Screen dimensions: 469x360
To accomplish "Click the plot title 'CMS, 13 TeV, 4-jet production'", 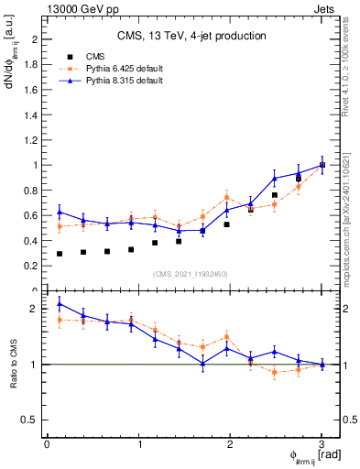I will (x=191, y=37).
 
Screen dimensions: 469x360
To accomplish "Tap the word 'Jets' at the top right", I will (x=325, y=8).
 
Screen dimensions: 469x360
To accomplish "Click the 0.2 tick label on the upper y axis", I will (x=34, y=266).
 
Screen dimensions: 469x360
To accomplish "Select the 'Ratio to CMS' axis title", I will (x=12, y=364).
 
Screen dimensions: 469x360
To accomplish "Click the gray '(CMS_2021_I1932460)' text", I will (x=191, y=274).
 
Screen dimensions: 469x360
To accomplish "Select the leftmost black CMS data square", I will (x=60, y=254).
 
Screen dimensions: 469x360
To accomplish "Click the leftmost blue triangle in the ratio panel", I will (x=60, y=303).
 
